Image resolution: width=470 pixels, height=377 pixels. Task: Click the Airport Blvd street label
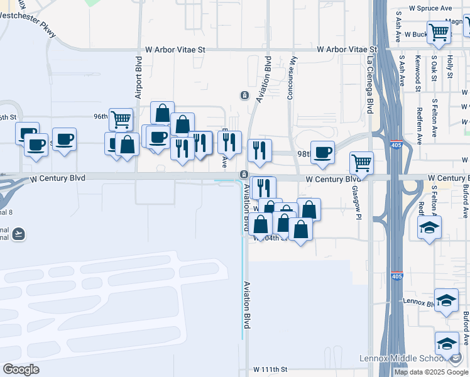pos(139,79)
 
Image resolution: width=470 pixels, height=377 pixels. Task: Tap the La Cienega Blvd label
pos(370,86)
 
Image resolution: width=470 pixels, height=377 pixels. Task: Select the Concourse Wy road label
pos(292,81)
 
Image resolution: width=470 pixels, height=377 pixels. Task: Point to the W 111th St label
pos(270,370)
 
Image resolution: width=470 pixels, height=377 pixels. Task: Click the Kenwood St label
pos(418,73)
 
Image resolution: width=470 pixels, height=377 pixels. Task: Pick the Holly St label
pos(450,67)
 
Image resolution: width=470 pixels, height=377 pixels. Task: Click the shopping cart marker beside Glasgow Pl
pos(361,163)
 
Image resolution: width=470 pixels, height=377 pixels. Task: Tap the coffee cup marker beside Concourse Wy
pos(322,152)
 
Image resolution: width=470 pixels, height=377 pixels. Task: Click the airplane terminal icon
pos(19,234)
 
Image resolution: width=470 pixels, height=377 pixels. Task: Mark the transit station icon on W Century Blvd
pos(244,174)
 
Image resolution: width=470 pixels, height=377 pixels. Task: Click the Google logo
pos(21,369)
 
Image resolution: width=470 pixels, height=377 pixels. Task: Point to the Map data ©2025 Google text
pos(432,372)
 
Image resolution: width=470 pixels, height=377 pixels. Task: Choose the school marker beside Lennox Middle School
pos(447,343)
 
